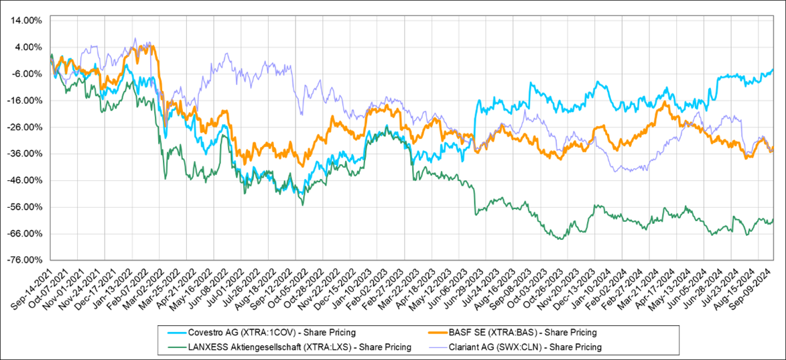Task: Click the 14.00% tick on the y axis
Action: [26, 21]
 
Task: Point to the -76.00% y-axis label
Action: [25, 260]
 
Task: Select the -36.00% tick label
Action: [25, 154]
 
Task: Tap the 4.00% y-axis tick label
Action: [27, 47]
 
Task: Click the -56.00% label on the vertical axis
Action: [25, 207]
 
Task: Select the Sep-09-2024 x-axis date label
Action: [758, 288]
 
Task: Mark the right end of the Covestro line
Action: [773, 70]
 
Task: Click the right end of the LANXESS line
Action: [773, 219]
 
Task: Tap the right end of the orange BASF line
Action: [773, 147]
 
